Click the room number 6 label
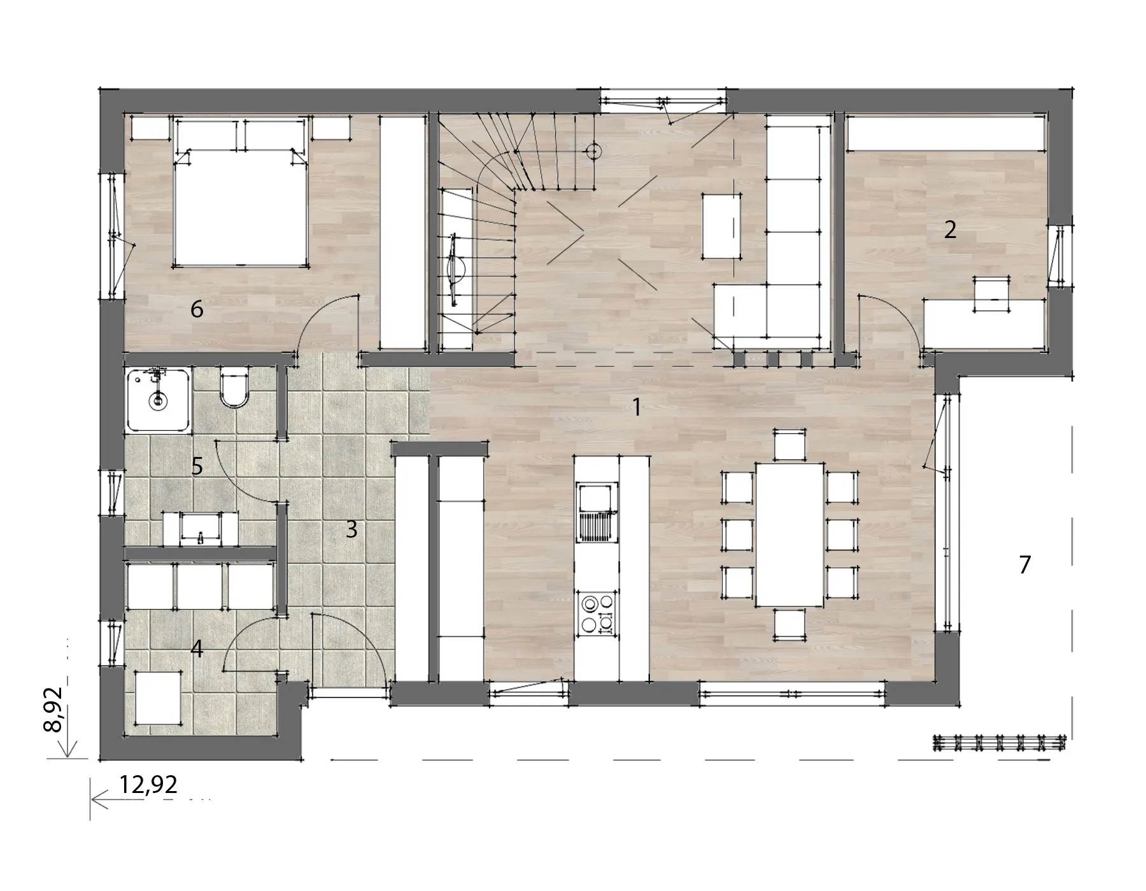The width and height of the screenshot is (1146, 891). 197,310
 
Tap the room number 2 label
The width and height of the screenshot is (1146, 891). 950,230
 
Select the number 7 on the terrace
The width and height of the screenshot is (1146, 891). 1024,565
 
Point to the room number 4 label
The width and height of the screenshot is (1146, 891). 197,649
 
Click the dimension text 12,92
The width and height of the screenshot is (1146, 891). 148,785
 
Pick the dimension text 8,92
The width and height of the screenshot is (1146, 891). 53,710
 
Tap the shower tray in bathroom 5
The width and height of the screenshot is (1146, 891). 159,400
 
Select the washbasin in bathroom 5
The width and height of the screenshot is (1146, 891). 201,528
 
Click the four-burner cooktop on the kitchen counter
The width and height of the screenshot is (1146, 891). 597,614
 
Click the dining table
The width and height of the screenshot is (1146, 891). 789,535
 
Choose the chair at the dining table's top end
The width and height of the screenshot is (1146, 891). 789,445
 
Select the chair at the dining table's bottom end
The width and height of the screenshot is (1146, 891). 789,624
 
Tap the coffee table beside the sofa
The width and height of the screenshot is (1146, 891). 721,226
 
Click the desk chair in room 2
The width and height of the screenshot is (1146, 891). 991,294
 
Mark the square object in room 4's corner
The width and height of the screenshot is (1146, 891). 159,699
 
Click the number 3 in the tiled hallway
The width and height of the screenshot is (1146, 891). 351,529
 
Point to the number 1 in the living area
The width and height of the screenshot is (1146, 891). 636,407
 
